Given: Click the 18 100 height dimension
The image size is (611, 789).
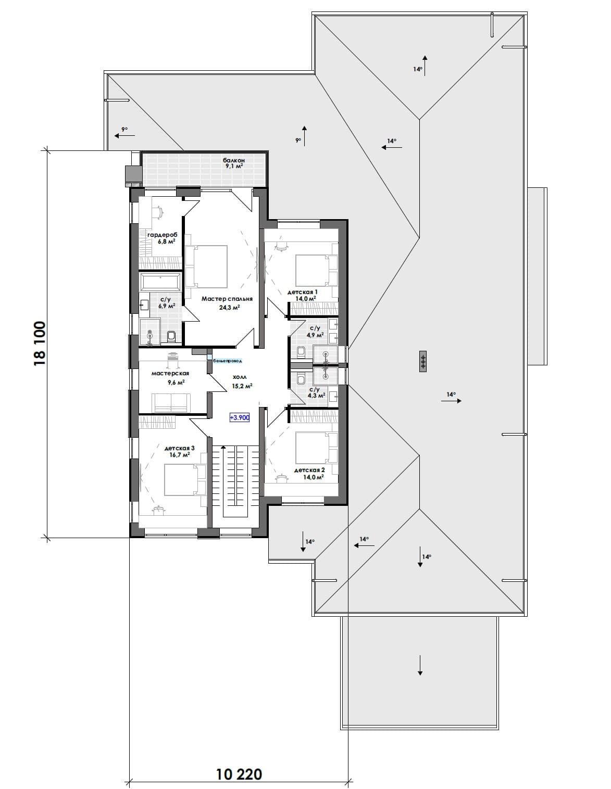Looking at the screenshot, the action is pyautogui.click(x=40, y=343).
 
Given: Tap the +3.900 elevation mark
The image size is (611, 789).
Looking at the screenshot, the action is pyautogui.click(x=240, y=417).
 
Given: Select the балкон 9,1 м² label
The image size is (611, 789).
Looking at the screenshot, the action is pyautogui.click(x=234, y=163).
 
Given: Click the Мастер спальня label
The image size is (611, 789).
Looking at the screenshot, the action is pyautogui.click(x=227, y=299).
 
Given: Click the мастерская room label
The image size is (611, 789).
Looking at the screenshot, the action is pyautogui.click(x=170, y=373).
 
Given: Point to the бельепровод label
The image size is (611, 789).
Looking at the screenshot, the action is pyautogui.click(x=228, y=361).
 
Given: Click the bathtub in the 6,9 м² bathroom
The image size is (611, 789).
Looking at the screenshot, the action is pyautogui.click(x=160, y=282).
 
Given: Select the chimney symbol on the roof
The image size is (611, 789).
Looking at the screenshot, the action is pyautogui.click(x=422, y=361).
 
